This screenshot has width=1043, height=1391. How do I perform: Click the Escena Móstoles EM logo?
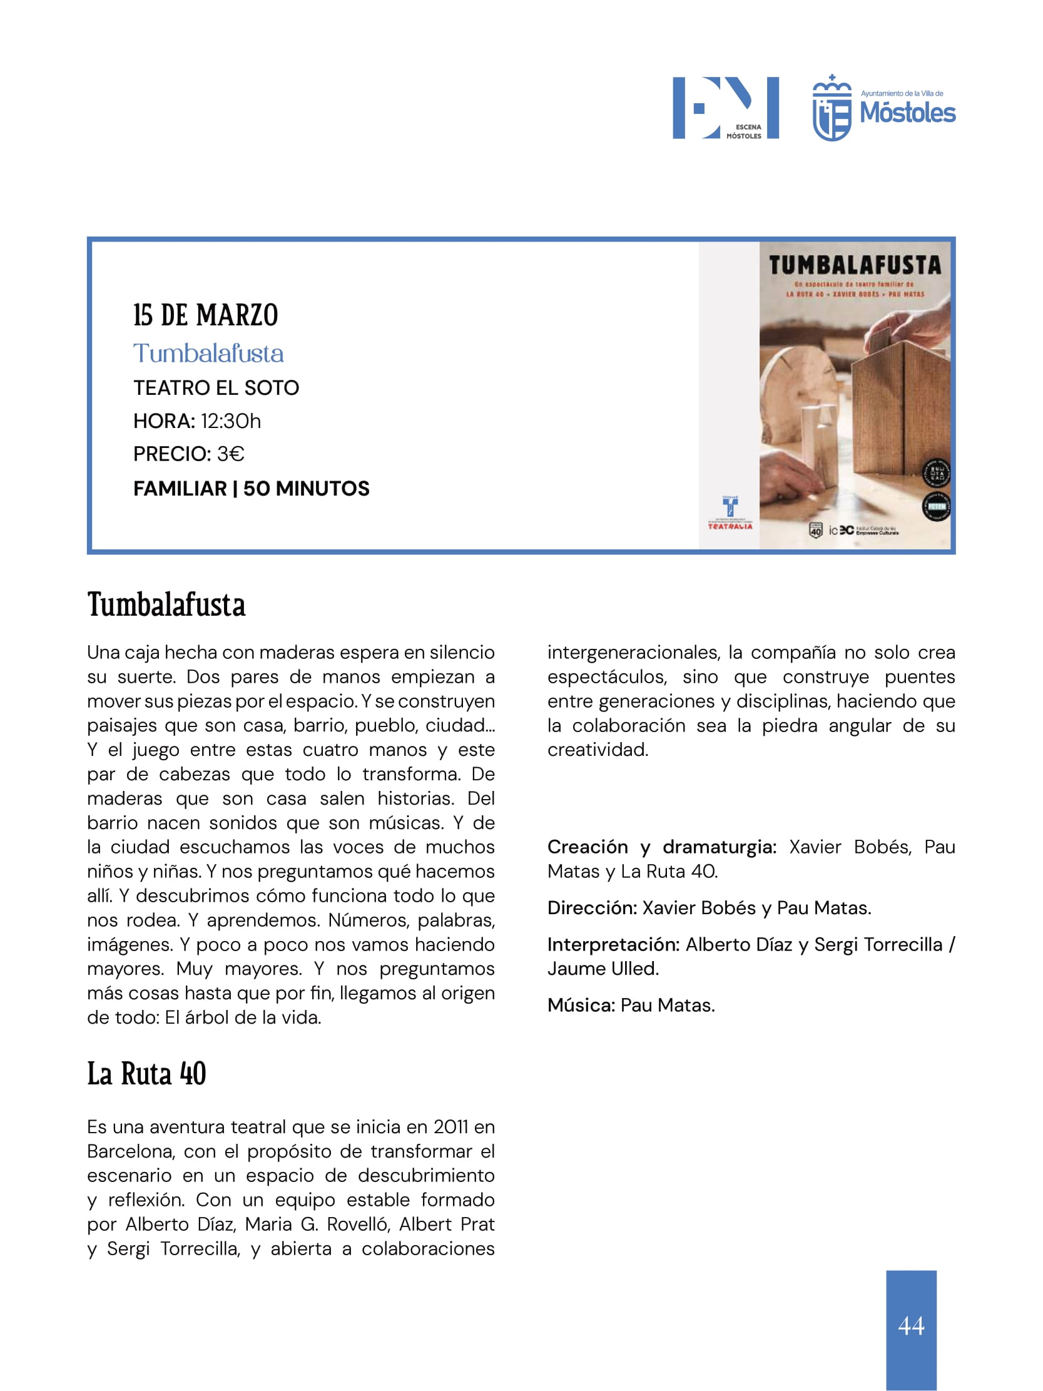coord(725,108)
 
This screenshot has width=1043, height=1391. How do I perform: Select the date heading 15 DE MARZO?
coord(205,315)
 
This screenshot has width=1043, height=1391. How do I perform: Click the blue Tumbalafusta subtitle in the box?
coord(208,354)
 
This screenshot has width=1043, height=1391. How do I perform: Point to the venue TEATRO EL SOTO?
coord(216,388)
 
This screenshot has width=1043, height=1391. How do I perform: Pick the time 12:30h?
coord(231,420)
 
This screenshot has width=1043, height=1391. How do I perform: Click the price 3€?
coord(230,454)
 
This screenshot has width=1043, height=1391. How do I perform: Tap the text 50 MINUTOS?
coord(306,489)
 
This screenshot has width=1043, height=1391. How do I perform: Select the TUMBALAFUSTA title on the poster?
coord(855,265)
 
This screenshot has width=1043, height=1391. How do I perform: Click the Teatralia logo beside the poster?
coord(730,512)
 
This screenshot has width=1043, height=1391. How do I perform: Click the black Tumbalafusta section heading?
coord(166,605)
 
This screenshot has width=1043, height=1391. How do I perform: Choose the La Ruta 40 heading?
coord(146,1073)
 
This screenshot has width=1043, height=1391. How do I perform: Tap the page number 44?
coord(911,1325)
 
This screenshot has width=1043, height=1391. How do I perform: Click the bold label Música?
coord(581,1006)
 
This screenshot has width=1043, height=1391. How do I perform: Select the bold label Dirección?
coord(593,908)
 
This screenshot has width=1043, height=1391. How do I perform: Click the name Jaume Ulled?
coord(603,969)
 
